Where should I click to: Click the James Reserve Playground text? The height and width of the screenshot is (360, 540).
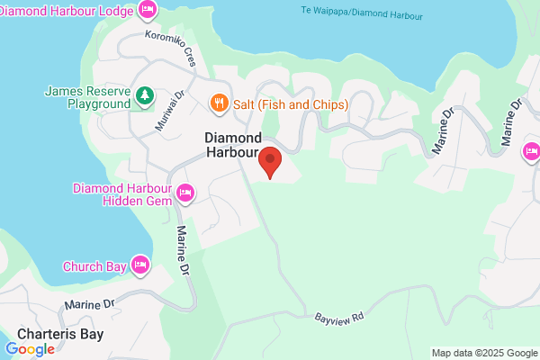[86, 98]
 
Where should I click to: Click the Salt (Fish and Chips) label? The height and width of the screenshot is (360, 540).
[290, 104]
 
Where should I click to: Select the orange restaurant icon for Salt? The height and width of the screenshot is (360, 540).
[218, 104]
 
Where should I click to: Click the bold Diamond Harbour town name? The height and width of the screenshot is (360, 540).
[233, 145]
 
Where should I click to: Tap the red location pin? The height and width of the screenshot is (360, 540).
[270, 163]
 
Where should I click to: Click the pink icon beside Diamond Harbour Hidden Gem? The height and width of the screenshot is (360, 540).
[186, 193]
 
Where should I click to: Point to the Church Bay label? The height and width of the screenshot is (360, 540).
[95, 266]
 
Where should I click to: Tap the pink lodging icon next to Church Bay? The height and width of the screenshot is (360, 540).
[140, 265]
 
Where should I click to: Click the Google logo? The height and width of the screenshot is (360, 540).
[30, 349]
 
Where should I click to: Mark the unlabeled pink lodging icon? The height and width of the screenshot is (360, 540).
[531, 150]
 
